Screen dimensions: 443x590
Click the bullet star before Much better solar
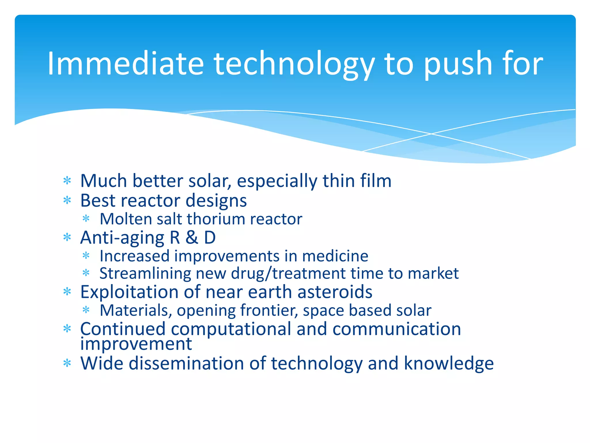[67, 181]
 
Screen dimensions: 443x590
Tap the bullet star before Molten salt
[86, 219]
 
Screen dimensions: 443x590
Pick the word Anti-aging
[122, 238]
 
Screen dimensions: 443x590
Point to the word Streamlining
[145, 273]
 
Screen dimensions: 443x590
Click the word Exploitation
[129, 292]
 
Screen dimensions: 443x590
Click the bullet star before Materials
[86, 310]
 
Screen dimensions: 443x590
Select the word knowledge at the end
[449, 363]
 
